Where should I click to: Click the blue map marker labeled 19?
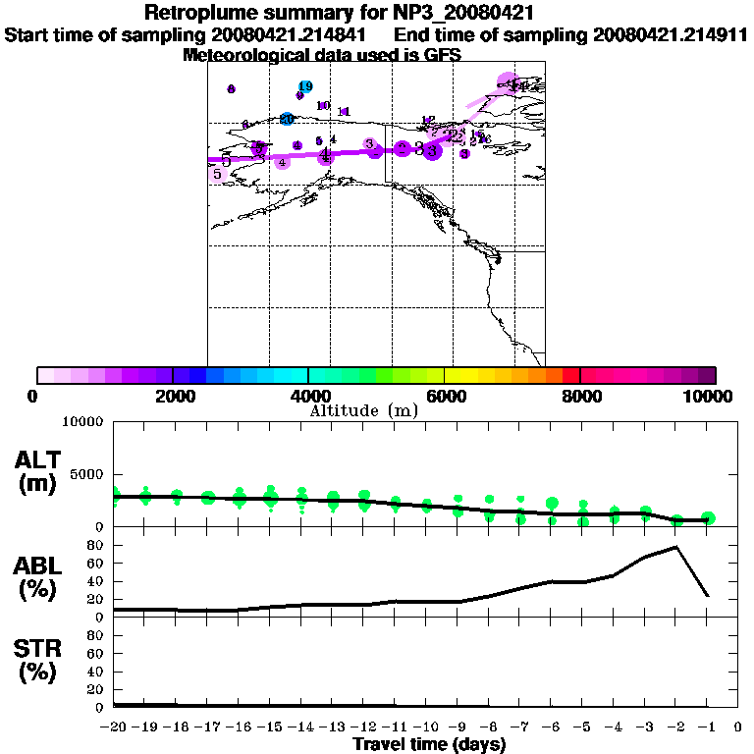[305, 87]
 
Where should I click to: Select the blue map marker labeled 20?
[287, 119]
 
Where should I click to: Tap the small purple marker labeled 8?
[231, 89]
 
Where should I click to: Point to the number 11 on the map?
[344, 111]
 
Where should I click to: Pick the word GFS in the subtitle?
[442, 55]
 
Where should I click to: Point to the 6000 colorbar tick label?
[445, 397]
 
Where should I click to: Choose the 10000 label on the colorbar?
[710, 397]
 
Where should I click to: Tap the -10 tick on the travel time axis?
[426, 727]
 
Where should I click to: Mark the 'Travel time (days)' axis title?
[429, 744]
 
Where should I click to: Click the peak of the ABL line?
[676, 547]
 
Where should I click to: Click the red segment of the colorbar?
[570, 375]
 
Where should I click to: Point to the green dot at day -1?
[708, 518]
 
